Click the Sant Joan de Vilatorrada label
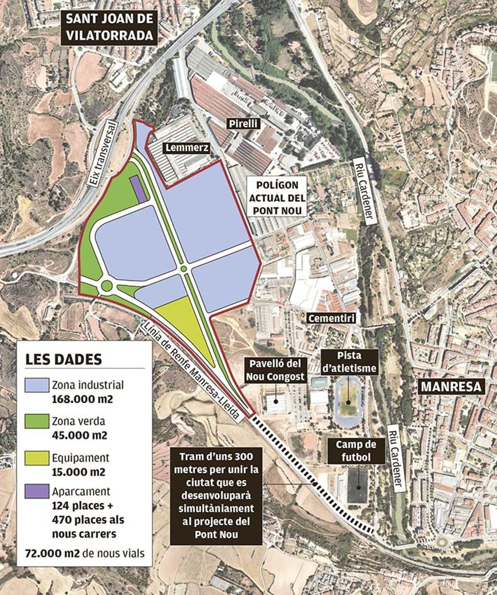click(x=109, y=27)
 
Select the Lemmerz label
click(x=186, y=148)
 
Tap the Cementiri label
click(x=331, y=318)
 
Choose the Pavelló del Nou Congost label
click(x=275, y=370)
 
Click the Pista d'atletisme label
click(x=349, y=361)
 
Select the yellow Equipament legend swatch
click(x=36, y=457)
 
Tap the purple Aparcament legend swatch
click(x=36, y=491)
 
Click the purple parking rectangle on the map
click(x=138, y=189)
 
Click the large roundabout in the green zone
click(x=106, y=285)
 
